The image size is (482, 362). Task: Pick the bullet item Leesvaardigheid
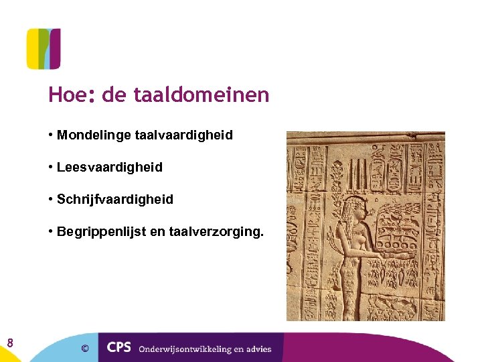pos(110,168)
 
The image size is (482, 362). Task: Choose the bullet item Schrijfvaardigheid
pos(115,200)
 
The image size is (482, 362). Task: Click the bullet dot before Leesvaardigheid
pos(51,168)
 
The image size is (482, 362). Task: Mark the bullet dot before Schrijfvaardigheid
pos(51,200)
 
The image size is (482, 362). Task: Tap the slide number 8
pos(10,344)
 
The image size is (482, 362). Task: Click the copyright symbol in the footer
pos(84,348)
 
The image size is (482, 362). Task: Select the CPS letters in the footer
pos(118,348)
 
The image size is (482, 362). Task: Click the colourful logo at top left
pos(44,48)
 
